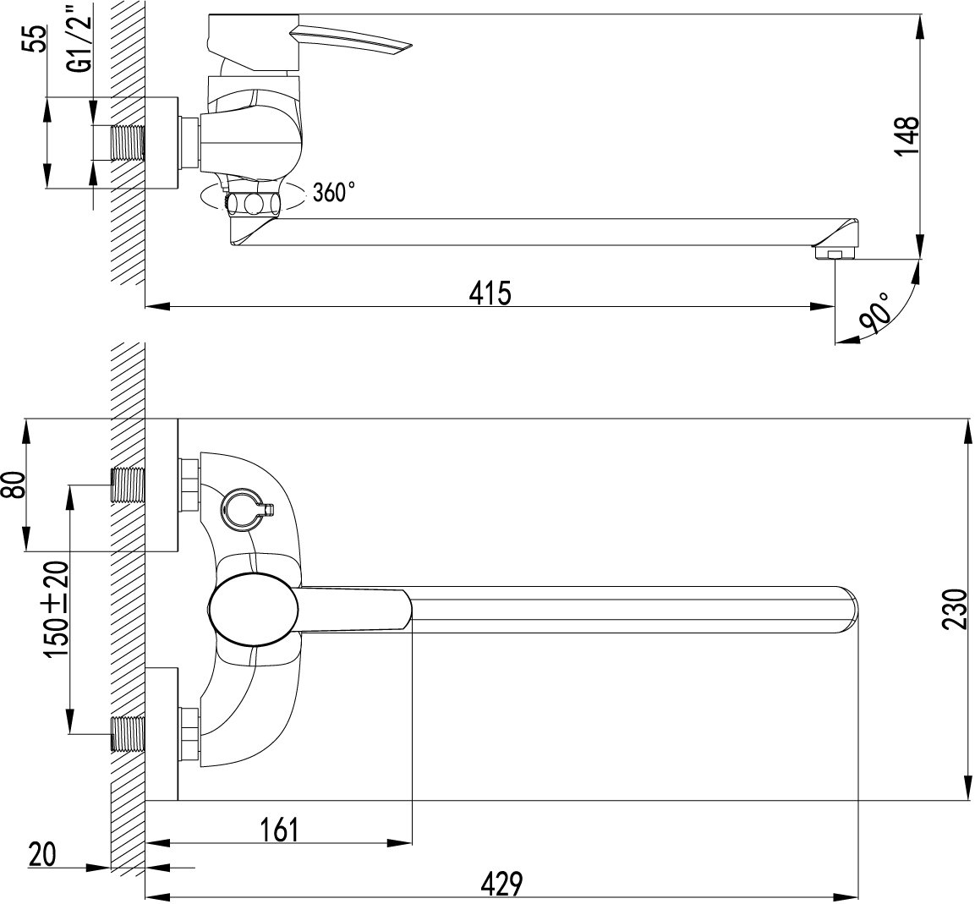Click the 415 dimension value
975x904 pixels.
pyautogui.click(x=490, y=293)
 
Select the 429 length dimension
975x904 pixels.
pyautogui.click(x=502, y=884)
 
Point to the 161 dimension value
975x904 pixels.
pyautogui.click(x=279, y=830)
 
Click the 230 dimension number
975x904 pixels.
pyautogui.click(x=956, y=609)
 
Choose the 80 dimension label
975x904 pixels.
pyautogui.click(x=14, y=485)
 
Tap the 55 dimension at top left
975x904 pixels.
pyautogui.click(x=37, y=39)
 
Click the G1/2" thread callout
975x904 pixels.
pyautogui.click(x=79, y=37)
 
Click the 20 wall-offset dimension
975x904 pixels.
pyautogui.click(x=42, y=854)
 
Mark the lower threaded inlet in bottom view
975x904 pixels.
pyautogui.click(x=128, y=734)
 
